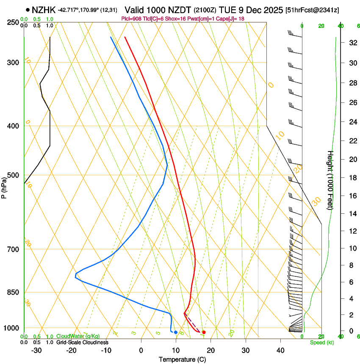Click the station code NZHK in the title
coord(44,10)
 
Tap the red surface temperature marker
coord(204,332)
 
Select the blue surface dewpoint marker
coord(176,332)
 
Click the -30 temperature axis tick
coord(36,350)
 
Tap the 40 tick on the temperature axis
coord(280,350)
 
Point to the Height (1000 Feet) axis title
coord(331,180)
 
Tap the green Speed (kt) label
coord(322,342)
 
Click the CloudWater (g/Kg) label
coord(78,336)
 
